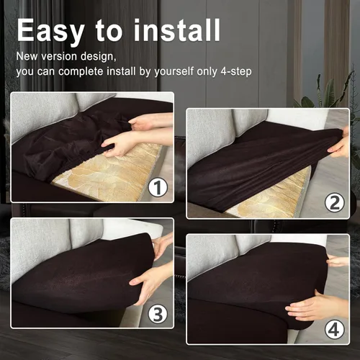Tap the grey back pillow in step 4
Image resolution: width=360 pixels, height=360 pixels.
[212, 256]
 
